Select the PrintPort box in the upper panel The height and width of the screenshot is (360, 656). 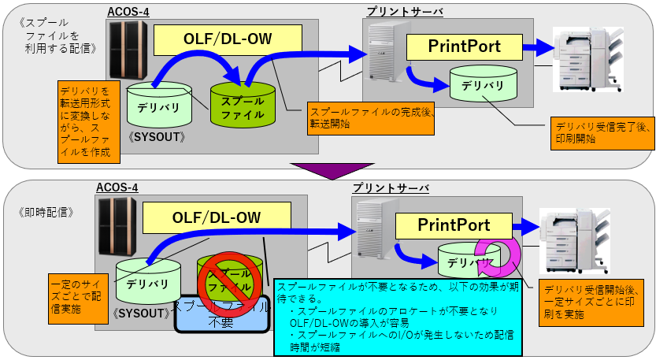tap(464, 46)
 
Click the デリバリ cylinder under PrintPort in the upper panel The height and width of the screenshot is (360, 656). tap(483, 84)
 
